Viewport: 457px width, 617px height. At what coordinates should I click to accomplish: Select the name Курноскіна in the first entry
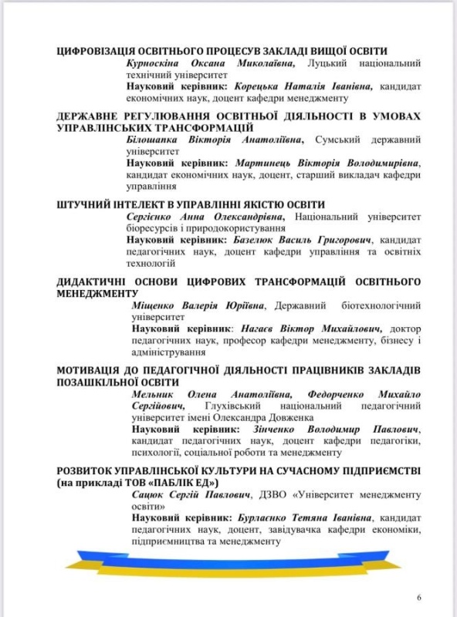click(x=153, y=62)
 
